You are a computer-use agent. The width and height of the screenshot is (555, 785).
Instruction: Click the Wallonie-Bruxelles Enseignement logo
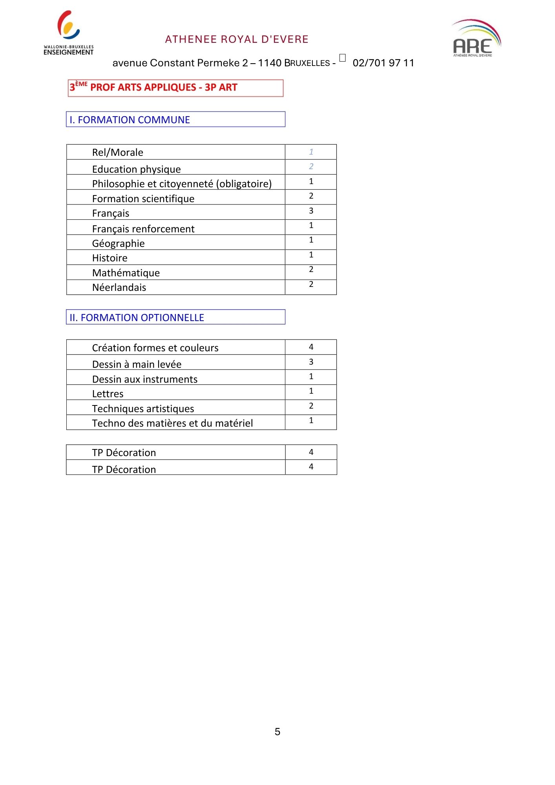pyautogui.click(x=69, y=33)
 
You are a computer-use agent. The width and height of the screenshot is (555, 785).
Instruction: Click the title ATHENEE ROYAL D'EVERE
pyautogui.click(x=237, y=40)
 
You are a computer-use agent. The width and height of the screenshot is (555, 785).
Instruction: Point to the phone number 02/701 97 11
pyautogui.click(x=383, y=63)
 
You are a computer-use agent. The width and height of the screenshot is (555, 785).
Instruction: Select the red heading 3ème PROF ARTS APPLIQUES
pyautogui.click(x=153, y=88)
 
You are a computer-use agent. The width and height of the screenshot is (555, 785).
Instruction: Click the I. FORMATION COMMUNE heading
pyautogui.click(x=130, y=120)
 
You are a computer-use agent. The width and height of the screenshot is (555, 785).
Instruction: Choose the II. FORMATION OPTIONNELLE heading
pyautogui.click(x=137, y=318)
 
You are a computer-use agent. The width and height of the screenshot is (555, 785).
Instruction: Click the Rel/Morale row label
pyautogui.click(x=118, y=152)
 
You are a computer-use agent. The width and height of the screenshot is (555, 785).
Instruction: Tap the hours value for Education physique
pyautogui.click(x=311, y=166)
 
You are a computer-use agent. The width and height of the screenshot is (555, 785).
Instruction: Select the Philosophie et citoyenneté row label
pyautogui.click(x=182, y=184)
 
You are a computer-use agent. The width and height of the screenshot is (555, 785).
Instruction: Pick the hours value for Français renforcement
pyautogui.click(x=311, y=225)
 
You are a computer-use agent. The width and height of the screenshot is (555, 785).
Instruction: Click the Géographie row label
pyautogui.click(x=119, y=243)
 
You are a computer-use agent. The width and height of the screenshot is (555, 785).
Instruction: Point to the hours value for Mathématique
pyautogui.click(x=311, y=269)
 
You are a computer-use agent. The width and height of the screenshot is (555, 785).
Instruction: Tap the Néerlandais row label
pyautogui.click(x=119, y=287)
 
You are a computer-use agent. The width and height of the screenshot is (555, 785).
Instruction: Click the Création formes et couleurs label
pyautogui.click(x=155, y=348)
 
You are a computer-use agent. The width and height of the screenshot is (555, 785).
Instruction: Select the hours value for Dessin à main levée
pyautogui.click(x=311, y=362)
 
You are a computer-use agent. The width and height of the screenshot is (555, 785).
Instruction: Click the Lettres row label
pyautogui.click(x=108, y=394)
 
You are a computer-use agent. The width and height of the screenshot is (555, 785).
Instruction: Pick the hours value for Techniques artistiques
pyautogui.click(x=311, y=406)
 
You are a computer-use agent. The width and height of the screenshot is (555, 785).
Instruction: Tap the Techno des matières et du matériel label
pyautogui.click(x=173, y=423)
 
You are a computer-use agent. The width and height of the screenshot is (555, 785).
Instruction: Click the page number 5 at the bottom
pyautogui.click(x=277, y=732)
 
